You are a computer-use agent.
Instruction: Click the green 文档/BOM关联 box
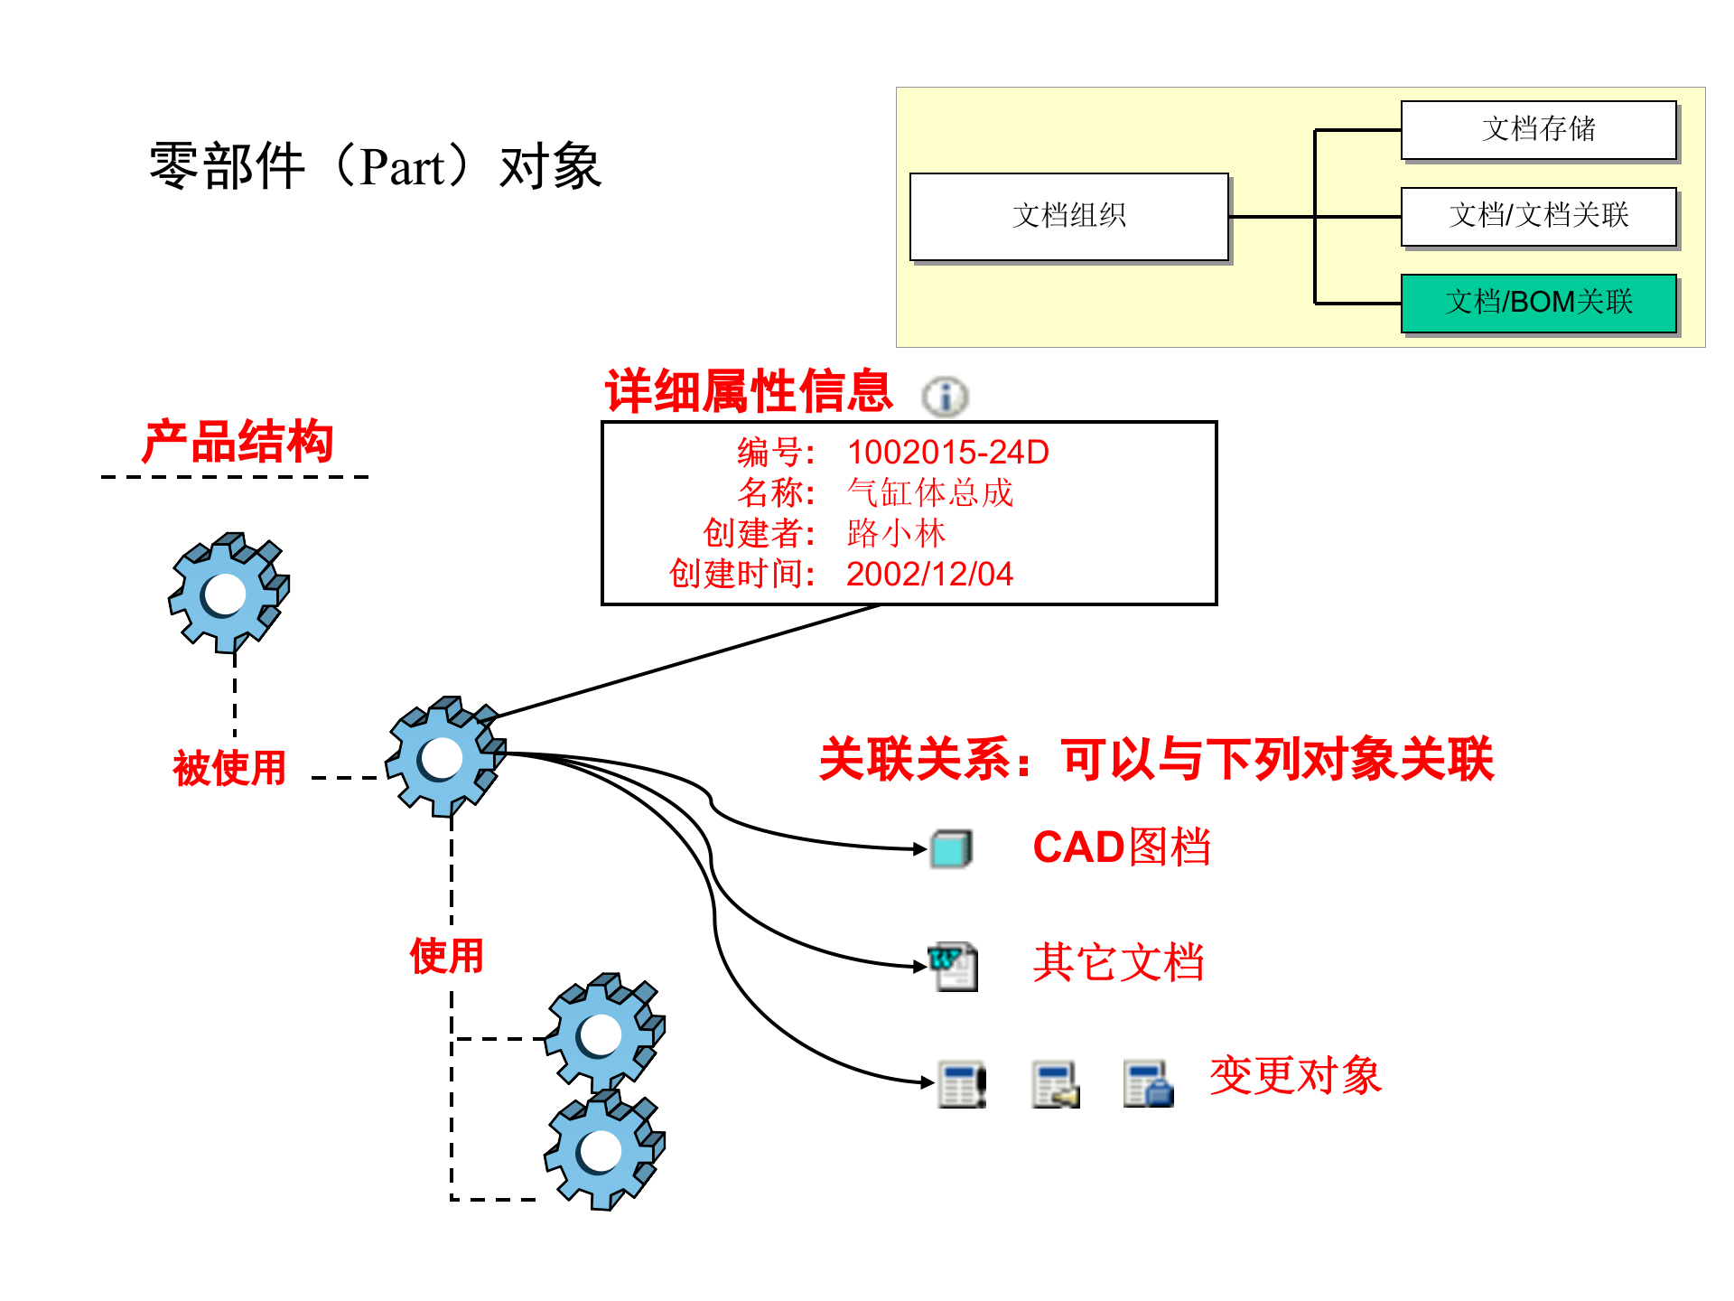pos(1538,303)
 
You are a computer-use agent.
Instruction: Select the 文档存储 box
pos(1538,129)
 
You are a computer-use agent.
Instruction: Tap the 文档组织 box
pos(1068,216)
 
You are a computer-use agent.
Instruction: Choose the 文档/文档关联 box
pos(1538,216)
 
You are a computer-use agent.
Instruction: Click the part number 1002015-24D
pos(947,452)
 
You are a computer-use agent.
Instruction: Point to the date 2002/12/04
pos(929,574)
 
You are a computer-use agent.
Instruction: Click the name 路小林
pos(896,533)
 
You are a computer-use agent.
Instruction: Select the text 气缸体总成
pos(929,492)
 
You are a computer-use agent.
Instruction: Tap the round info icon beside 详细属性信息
pos(945,397)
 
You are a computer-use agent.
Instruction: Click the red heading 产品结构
pos(238,442)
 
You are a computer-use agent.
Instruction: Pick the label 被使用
pos(229,768)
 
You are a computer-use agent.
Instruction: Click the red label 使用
pos(446,955)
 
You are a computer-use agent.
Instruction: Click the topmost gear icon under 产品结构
pos(228,593)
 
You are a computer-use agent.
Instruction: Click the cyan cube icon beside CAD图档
pos(951,849)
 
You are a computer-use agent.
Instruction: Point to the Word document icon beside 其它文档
pos(954,966)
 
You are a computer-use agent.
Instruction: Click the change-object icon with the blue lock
pos(1148,1084)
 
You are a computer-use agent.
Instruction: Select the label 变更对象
pos(1295,1076)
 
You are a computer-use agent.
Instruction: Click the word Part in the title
pos(402,167)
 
